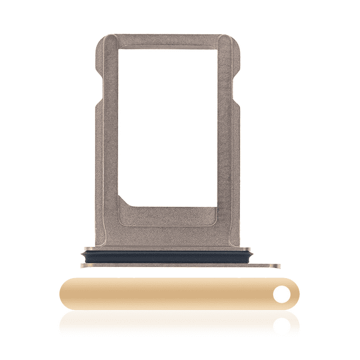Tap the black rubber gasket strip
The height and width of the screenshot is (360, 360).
click(x=167, y=256)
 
